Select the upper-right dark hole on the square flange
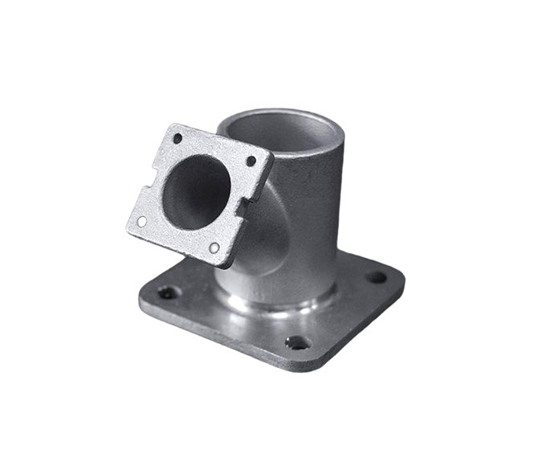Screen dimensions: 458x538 click(251, 161)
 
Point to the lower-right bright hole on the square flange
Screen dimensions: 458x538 click(214, 247)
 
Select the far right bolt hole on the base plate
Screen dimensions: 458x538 click(376, 277)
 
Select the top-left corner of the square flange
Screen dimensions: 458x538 click(171, 127)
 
